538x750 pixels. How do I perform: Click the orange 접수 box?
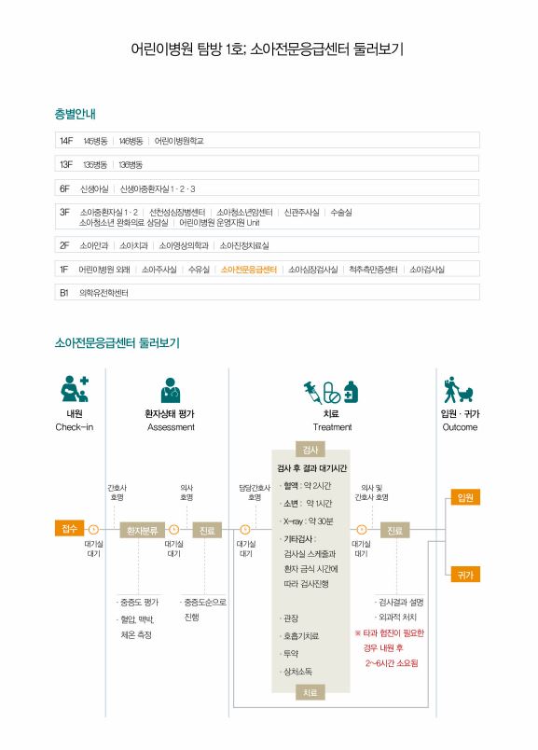[x=69, y=528]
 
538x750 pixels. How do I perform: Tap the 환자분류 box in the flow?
[x=142, y=531]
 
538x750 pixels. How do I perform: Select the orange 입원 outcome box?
[x=465, y=497]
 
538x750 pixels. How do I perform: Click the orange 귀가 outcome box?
[x=465, y=575]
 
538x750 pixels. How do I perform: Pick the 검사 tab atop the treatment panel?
[x=310, y=450]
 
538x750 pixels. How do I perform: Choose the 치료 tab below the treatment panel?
[x=310, y=692]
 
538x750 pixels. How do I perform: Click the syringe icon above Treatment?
[x=312, y=392]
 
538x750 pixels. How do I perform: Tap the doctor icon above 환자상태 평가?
[x=171, y=390]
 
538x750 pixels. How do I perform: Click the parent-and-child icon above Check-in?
[x=75, y=389]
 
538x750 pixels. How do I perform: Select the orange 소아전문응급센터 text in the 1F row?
[x=249, y=270]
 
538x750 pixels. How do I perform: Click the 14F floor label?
[x=66, y=141]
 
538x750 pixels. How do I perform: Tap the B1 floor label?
[x=64, y=293]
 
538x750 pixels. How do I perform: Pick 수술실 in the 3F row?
[x=341, y=213]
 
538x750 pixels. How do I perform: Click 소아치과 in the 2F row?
[x=133, y=246]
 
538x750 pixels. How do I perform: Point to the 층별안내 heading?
[x=76, y=114]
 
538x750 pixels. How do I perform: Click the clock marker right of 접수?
[x=94, y=530]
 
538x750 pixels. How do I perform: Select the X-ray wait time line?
[x=308, y=521]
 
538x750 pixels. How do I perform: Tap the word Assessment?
[x=171, y=427]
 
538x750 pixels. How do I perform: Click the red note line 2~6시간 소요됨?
[x=392, y=663]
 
